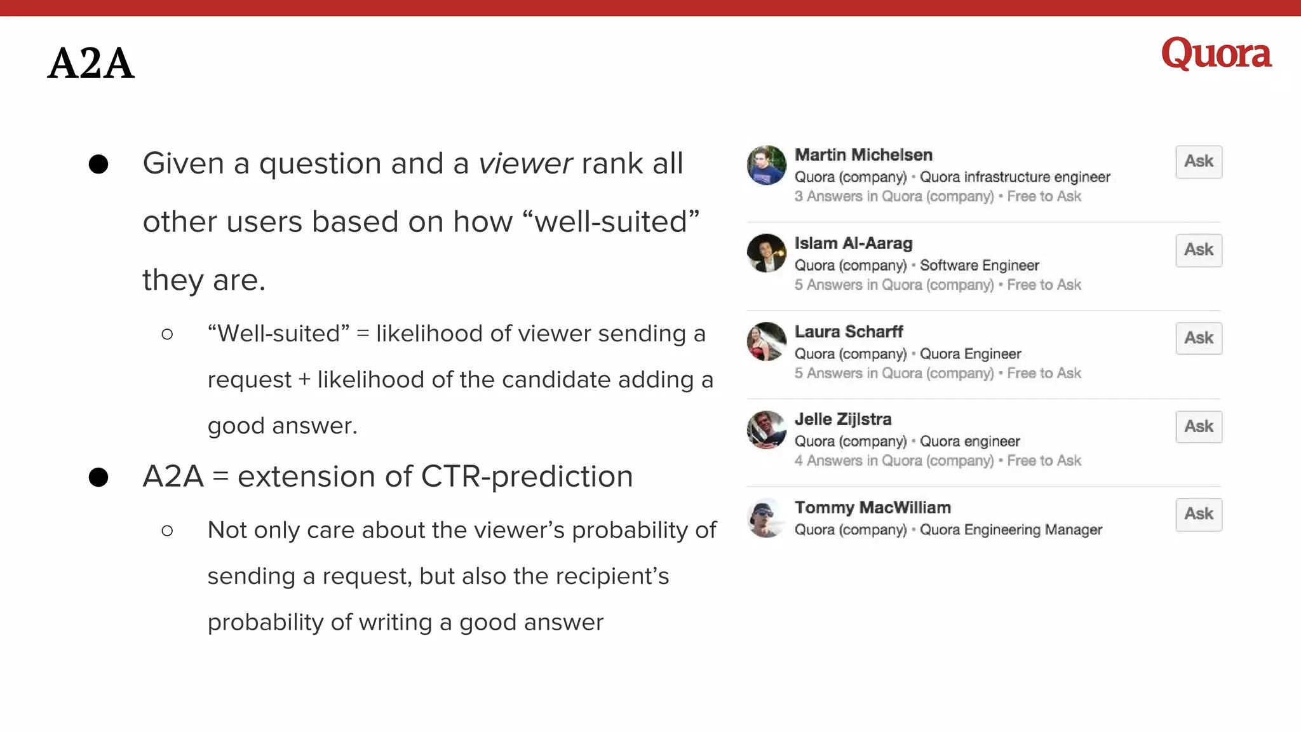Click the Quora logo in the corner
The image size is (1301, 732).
pos(1216,53)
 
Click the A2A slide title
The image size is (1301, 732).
pos(91,64)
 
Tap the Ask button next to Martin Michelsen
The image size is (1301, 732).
pos(1198,162)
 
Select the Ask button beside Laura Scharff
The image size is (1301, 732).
pos(1198,338)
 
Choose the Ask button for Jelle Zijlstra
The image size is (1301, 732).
pos(1198,426)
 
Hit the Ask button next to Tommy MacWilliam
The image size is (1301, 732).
pos(1198,514)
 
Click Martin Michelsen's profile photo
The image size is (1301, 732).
pos(766,165)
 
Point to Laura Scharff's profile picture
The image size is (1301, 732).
pos(766,341)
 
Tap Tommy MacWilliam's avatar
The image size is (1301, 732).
pos(766,518)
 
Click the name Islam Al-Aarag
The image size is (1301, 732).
pos(853,243)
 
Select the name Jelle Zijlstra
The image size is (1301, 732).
pos(843,419)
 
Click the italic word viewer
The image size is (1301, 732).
pos(525,164)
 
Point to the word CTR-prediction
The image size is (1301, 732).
pos(527,477)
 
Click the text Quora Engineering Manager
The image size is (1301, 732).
pos(1011,530)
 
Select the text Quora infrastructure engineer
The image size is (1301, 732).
pos(1015,177)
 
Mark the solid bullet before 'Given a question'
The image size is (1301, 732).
pos(98,165)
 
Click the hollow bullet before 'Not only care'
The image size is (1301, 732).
pos(167,531)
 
